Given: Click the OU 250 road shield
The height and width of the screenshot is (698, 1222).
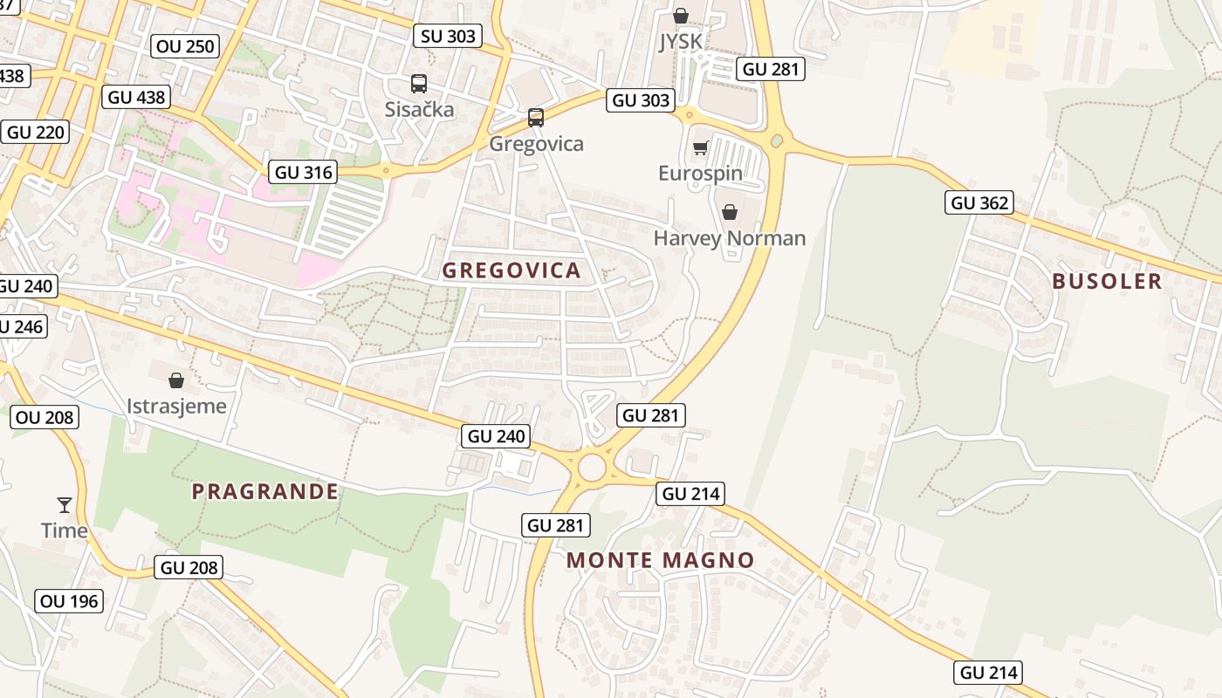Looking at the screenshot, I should coord(184,46).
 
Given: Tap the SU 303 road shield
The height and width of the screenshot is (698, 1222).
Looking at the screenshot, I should coord(448,35).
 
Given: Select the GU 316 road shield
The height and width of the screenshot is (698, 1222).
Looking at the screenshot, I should coord(303,172).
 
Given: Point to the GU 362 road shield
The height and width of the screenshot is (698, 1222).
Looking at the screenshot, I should coord(979,202).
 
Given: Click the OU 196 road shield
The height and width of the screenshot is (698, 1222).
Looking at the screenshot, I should coord(70,600).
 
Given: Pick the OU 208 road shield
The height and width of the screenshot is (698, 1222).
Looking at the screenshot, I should coord(45,417).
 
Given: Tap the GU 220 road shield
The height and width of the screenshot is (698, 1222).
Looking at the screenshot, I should coord(36,133).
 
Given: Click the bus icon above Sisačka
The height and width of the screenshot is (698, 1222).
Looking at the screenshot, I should coord(419,84).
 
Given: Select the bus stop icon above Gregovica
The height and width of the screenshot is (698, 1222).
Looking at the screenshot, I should coord(536,118).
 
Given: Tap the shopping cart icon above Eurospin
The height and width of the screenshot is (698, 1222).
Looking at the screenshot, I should coord(700,147).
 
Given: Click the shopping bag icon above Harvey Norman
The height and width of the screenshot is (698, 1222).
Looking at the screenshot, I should coord(730,212).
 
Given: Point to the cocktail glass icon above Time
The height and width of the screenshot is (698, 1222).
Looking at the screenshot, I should coord(65,504).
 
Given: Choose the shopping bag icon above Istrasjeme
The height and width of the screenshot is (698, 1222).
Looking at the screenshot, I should coord(176,380).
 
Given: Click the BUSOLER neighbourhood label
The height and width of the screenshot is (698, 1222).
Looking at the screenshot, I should coord(1107,281).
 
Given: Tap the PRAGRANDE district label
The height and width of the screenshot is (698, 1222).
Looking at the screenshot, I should coord(265,491).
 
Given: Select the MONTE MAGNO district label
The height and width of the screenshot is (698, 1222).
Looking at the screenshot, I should coord(661,560).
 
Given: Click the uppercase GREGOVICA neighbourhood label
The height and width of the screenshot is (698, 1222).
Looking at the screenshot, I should coord(511,270).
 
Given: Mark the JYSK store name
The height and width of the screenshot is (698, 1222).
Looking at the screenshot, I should coord(680,42).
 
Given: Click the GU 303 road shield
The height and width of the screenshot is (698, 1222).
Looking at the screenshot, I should coord(642,100).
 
